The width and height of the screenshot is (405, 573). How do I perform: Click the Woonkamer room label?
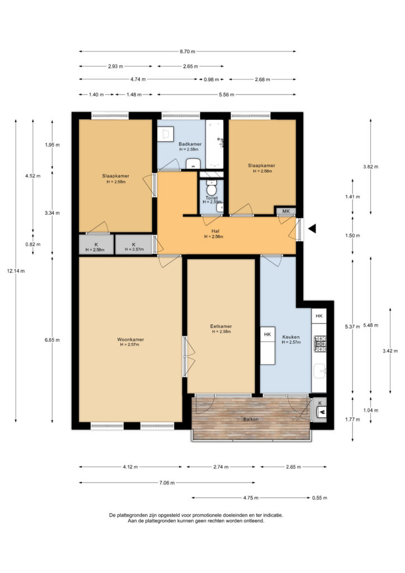[130, 340]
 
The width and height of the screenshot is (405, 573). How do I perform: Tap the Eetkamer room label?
[221, 326]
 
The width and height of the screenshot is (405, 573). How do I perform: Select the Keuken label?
[291, 337]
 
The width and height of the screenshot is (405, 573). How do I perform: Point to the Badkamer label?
[190, 144]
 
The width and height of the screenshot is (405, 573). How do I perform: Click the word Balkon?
[251, 419]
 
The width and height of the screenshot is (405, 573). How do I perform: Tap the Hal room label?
[215, 231]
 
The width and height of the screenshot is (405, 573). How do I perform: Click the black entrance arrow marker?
[312, 229]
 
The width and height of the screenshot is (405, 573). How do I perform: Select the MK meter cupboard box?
[286, 211]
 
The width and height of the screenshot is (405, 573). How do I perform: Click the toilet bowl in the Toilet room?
[211, 189]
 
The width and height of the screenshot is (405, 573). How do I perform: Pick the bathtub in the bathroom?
[214, 144]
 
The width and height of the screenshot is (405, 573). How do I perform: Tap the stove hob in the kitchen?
[320, 344]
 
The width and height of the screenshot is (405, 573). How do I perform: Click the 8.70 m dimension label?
[187, 51]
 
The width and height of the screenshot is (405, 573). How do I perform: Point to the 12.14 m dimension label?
[16, 271]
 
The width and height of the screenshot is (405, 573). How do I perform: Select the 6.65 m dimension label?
[52, 340]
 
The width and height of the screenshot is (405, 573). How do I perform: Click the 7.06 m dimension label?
[167, 483]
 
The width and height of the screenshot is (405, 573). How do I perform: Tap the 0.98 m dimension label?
[211, 79]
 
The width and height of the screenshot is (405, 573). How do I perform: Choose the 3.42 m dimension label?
[390, 351]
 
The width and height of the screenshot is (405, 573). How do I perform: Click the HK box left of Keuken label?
[267, 335]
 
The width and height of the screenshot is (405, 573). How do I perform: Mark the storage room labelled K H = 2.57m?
[134, 245]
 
